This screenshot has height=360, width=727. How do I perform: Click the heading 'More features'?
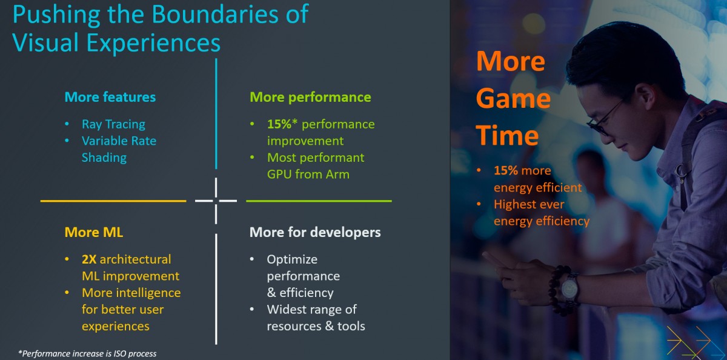[110, 97]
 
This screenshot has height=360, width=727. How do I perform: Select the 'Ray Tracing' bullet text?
[113, 124]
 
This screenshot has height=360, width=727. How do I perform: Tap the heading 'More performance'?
[310, 97]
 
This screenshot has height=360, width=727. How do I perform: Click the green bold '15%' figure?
[281, 124]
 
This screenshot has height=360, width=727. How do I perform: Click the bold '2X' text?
[88, 259]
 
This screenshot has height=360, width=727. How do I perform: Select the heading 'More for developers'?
[315, 232]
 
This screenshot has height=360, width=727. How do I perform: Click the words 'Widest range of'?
[312, 309]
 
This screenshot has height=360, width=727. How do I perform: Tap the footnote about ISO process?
[87, 353]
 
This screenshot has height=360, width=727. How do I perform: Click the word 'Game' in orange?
[513, 99]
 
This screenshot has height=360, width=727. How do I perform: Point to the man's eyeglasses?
[606, 118]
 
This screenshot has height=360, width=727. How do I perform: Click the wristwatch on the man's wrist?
[569, 287]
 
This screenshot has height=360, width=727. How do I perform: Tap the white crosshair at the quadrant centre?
[216, 201]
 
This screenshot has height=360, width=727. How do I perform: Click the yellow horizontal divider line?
[113, 201]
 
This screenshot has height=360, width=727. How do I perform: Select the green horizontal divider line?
[319, 201]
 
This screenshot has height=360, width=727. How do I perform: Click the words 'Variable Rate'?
[119, 141]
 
